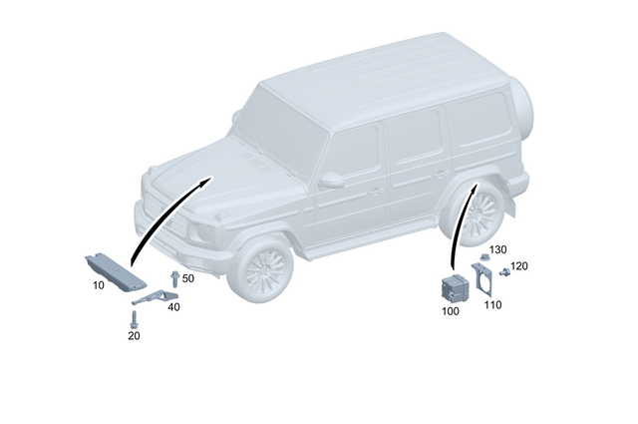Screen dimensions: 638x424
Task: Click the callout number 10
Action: pos(98,285)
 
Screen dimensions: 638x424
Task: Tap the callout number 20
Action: pos(134,336)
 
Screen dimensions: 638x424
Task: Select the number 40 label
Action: pos(173,307)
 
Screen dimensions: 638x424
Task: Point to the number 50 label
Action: pos(187,278)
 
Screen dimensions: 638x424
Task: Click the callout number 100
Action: pos(450,312)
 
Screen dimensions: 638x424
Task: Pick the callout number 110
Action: pos(492,305)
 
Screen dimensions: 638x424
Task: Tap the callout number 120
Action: pos(518,267)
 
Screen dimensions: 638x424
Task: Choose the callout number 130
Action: pos(498,248)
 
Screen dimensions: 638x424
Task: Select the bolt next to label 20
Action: pos(133,318)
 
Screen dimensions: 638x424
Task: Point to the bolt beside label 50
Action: pos(173,279)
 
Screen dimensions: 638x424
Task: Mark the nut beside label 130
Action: pos(482,258)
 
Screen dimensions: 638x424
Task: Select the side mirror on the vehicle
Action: pos(331,179)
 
